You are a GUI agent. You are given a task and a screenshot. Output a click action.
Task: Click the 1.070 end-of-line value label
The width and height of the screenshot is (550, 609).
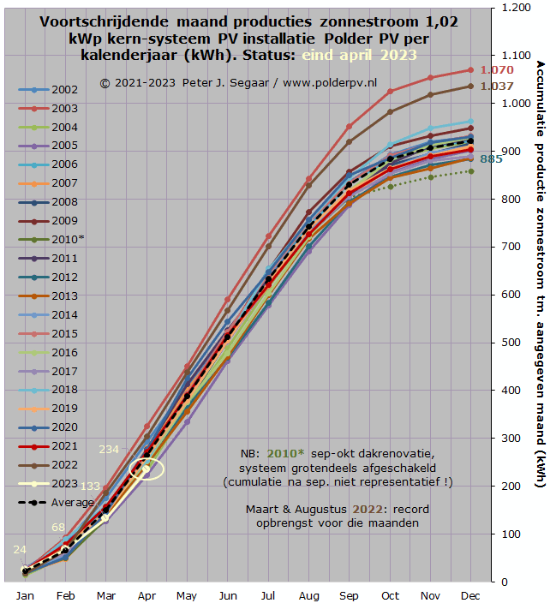pos(497,70)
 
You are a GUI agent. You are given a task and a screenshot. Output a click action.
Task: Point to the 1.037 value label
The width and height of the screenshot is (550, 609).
pos(497,87)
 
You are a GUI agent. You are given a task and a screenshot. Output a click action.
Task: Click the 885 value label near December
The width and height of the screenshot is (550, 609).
pos(492,159)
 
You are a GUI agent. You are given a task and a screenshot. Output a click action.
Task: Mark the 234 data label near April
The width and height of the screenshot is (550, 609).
pos(110,449)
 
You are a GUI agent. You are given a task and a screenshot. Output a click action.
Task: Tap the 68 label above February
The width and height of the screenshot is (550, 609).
pos(58,528)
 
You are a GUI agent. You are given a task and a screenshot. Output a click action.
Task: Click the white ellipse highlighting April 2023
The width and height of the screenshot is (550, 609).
pos(146,469)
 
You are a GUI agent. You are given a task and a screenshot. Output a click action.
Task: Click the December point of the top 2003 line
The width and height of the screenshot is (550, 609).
pos(470,70)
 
